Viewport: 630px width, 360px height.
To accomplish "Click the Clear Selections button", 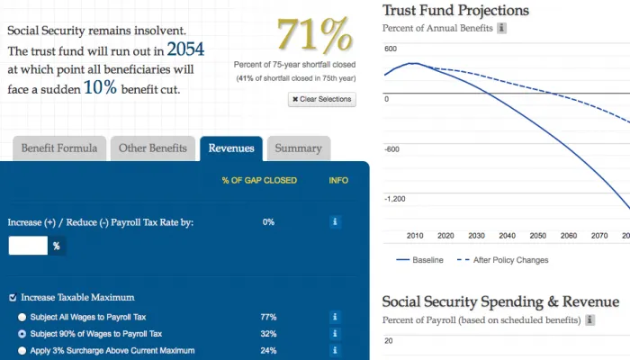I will (321, 99).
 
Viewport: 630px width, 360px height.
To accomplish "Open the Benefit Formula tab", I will (59, 148).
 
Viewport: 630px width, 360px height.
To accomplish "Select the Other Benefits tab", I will (152, 148).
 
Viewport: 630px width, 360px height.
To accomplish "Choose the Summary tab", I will (298, 148).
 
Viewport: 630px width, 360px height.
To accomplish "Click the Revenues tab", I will (230, 148).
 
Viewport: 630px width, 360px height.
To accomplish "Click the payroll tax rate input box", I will (28, 245).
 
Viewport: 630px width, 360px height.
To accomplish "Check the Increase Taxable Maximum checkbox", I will (13, 297).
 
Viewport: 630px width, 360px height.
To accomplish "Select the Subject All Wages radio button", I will (22, 317).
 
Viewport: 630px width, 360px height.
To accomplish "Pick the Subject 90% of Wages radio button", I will (22, 333).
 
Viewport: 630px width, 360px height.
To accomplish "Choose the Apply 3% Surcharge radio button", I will (22, 350).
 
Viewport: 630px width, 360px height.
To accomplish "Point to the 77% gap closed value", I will (268, 317).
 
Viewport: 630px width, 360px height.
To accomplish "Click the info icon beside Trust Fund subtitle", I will (502, 29).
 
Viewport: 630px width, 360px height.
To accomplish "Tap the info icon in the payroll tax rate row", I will (335, 221).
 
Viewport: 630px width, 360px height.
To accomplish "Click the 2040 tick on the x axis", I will (507, 236).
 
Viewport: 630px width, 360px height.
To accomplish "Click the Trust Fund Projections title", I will (455, 11).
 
